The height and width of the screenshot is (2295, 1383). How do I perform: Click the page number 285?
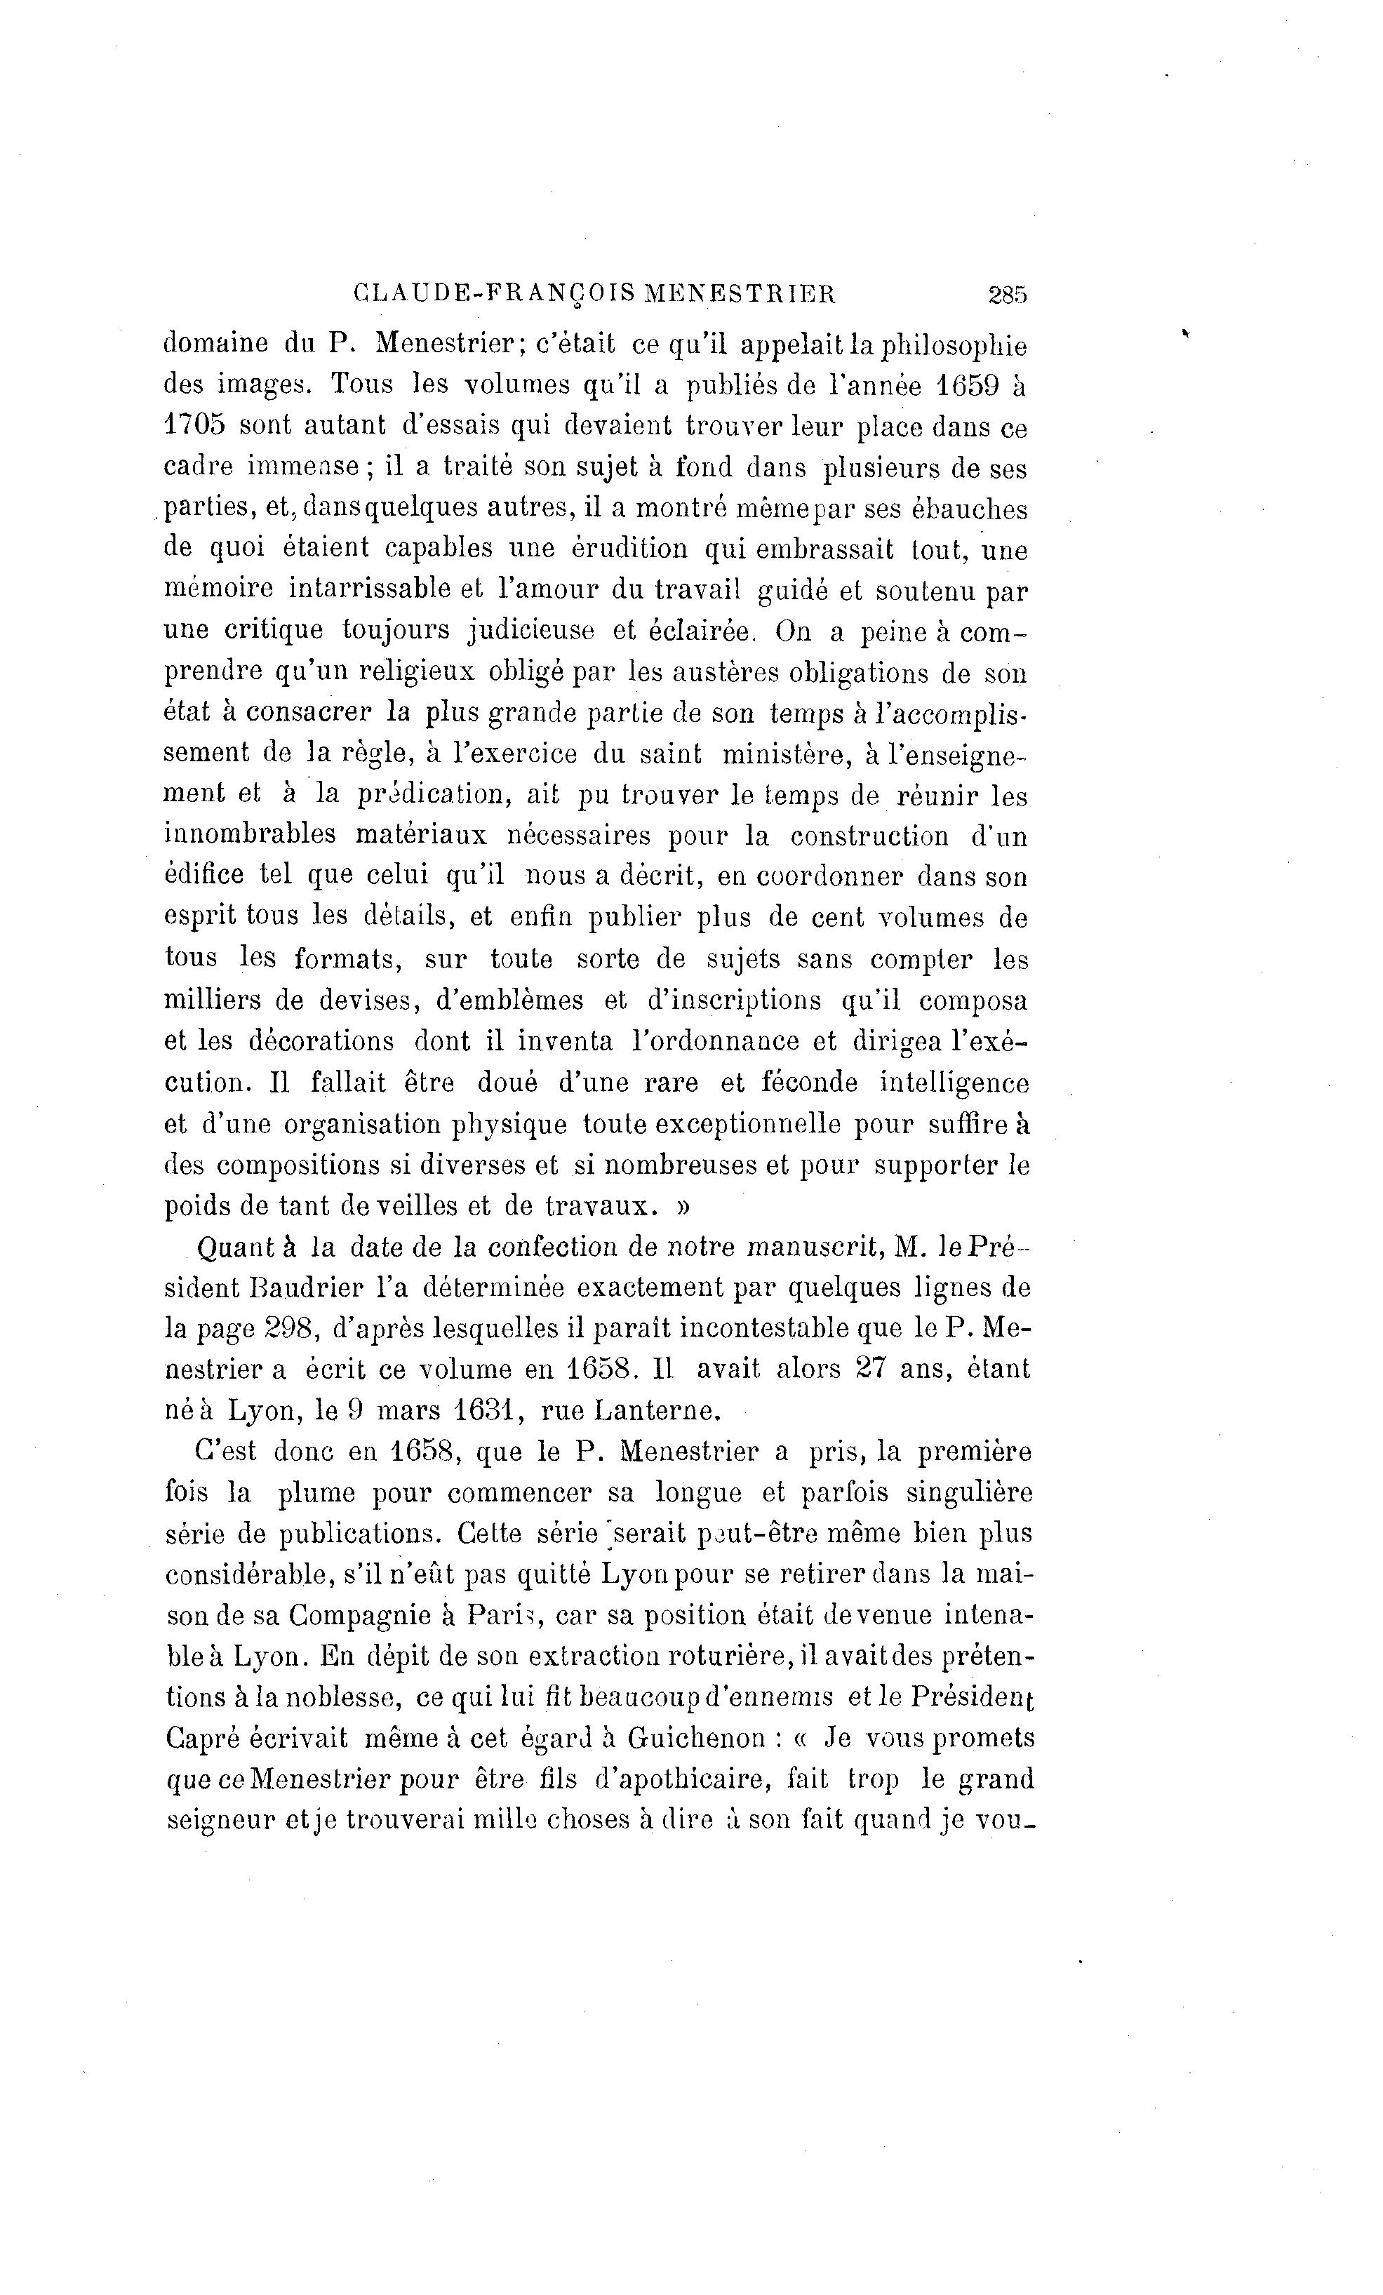tap(1007, 295)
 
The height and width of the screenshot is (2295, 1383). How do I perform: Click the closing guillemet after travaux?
tap(683, 1206)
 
